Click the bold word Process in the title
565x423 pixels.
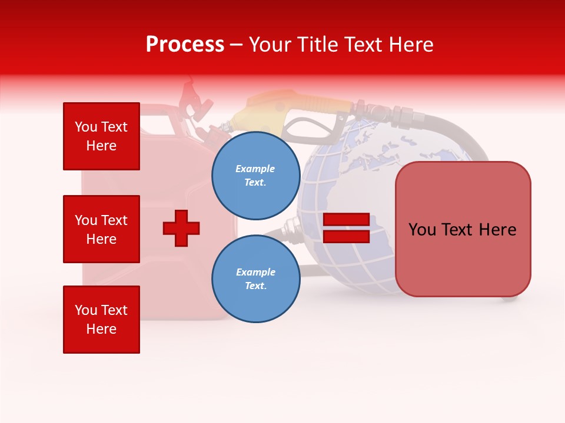click(x=185, y=45)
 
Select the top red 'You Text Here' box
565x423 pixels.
click(x=101, y=136)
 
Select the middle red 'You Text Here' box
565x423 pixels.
click(x=101, y=229)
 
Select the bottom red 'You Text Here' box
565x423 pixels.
click(x=101, y=320)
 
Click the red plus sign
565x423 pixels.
click(x=181, y=228)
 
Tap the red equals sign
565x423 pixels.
click(x=346, y=228)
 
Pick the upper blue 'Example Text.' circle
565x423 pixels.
click(x=255, y=175)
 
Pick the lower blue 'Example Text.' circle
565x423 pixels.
click(x=255, y=278)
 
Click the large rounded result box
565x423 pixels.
click(x=463, y=229)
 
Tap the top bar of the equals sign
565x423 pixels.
click(x=346, y=220)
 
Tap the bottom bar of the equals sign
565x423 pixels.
click(x=346, y=237)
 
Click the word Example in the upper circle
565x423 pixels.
click(x=255, y=169)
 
